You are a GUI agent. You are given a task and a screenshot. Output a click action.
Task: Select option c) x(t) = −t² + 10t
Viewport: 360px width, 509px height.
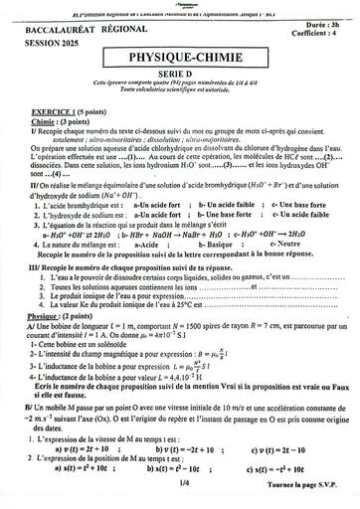tap(288, 467)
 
